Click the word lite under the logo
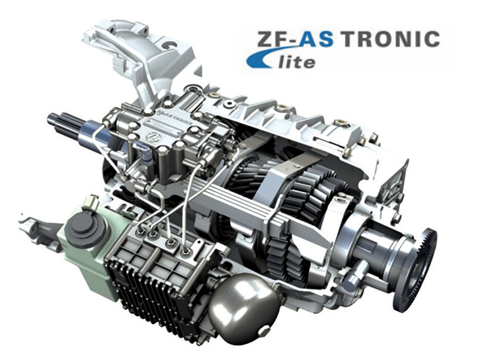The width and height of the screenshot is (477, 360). [296, 62]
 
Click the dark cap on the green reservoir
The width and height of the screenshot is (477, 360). [86, 226]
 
